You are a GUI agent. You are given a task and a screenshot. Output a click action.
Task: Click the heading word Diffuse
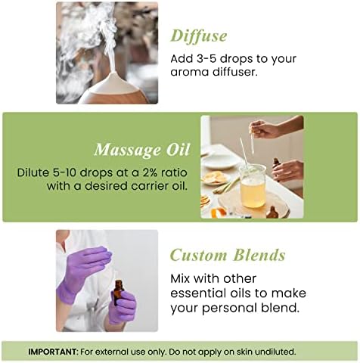[x=199, y=36]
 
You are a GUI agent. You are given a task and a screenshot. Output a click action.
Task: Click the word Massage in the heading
[x=127, y=150]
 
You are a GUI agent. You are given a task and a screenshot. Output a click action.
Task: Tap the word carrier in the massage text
[x=148, y=186]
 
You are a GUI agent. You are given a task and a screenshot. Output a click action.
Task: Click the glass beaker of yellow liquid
[x=252, y=186]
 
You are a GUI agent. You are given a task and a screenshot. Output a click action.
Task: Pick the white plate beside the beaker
[x=218, y=160]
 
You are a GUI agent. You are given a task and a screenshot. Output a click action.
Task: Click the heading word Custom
[x=198, y=255]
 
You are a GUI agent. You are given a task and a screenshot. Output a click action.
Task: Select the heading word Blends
[x=259, y=255]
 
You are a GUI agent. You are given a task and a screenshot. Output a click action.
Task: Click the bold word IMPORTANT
[x=52, y=352]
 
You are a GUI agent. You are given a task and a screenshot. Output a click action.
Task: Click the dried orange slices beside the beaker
[x=214, y=177]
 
